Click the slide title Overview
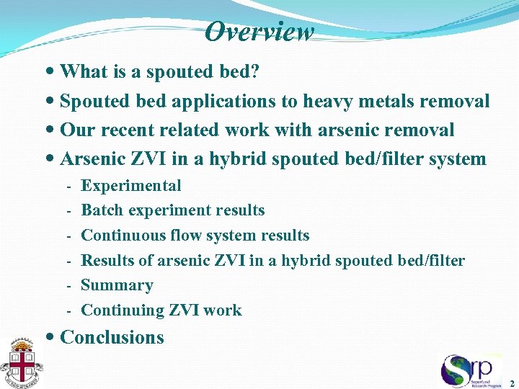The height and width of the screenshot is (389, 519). point(259,32)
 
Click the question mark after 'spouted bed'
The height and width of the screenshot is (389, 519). point(255,72)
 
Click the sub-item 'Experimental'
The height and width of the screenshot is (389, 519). point(131,186)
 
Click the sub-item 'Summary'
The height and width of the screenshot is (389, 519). point(117,285)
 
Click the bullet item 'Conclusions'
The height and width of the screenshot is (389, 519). point(112,337)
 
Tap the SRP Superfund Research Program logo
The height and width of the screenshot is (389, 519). point(471,370)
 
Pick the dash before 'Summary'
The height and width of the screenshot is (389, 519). point(68,286)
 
